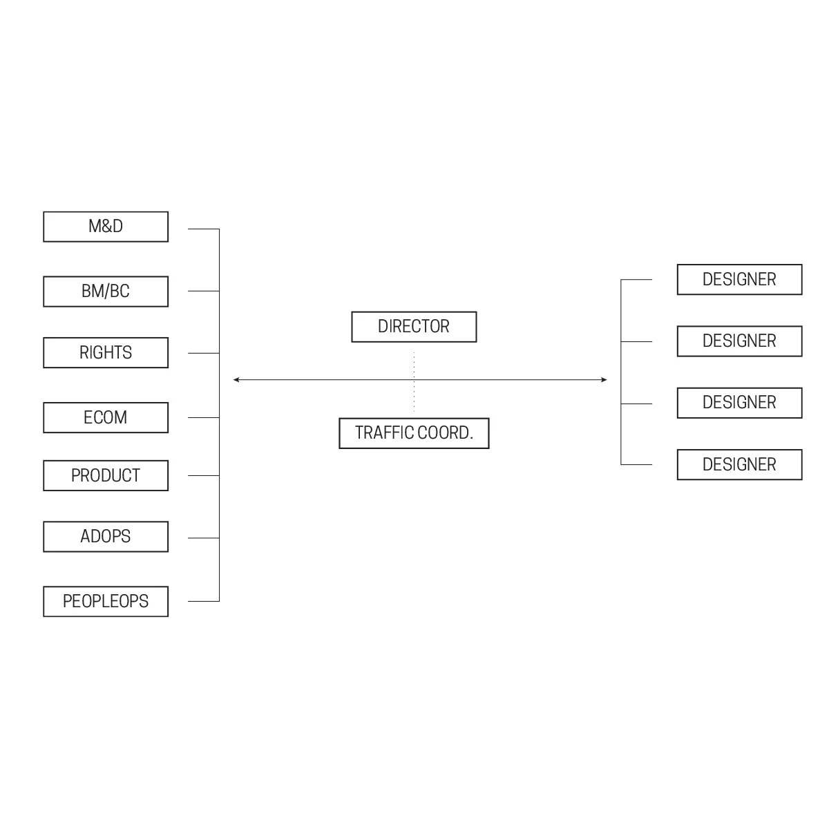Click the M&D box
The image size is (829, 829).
click(x=106, y=227)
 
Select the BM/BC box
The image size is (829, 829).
click(x=106, y=292)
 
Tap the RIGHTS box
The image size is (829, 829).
click(x=106, y=353)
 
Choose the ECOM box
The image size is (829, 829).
click(x=106, y=418)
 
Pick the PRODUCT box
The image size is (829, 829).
click(x=106, y=476)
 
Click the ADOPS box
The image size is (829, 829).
click(x=106, y=537)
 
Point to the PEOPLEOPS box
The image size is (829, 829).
click(x=106, y=602)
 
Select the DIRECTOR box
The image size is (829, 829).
click(x=414, y=327)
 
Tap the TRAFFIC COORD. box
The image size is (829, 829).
click(x=414, y=433)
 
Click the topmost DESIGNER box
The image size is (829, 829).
click(x=739, y=280)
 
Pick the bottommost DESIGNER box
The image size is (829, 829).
click(x=739, y=465)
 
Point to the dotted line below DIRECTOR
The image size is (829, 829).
click(x=414, y=382)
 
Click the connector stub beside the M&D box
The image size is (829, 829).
click(x=204, y=229)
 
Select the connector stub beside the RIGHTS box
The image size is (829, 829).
click(x=204, y=353)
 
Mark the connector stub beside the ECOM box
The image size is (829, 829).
click(x=204, y=417)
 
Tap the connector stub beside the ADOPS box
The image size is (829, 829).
click(x=204, y=537)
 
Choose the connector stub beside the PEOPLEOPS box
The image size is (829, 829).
click(x=204, y=601)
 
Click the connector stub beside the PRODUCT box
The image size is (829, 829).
click(x=204, y=475)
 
